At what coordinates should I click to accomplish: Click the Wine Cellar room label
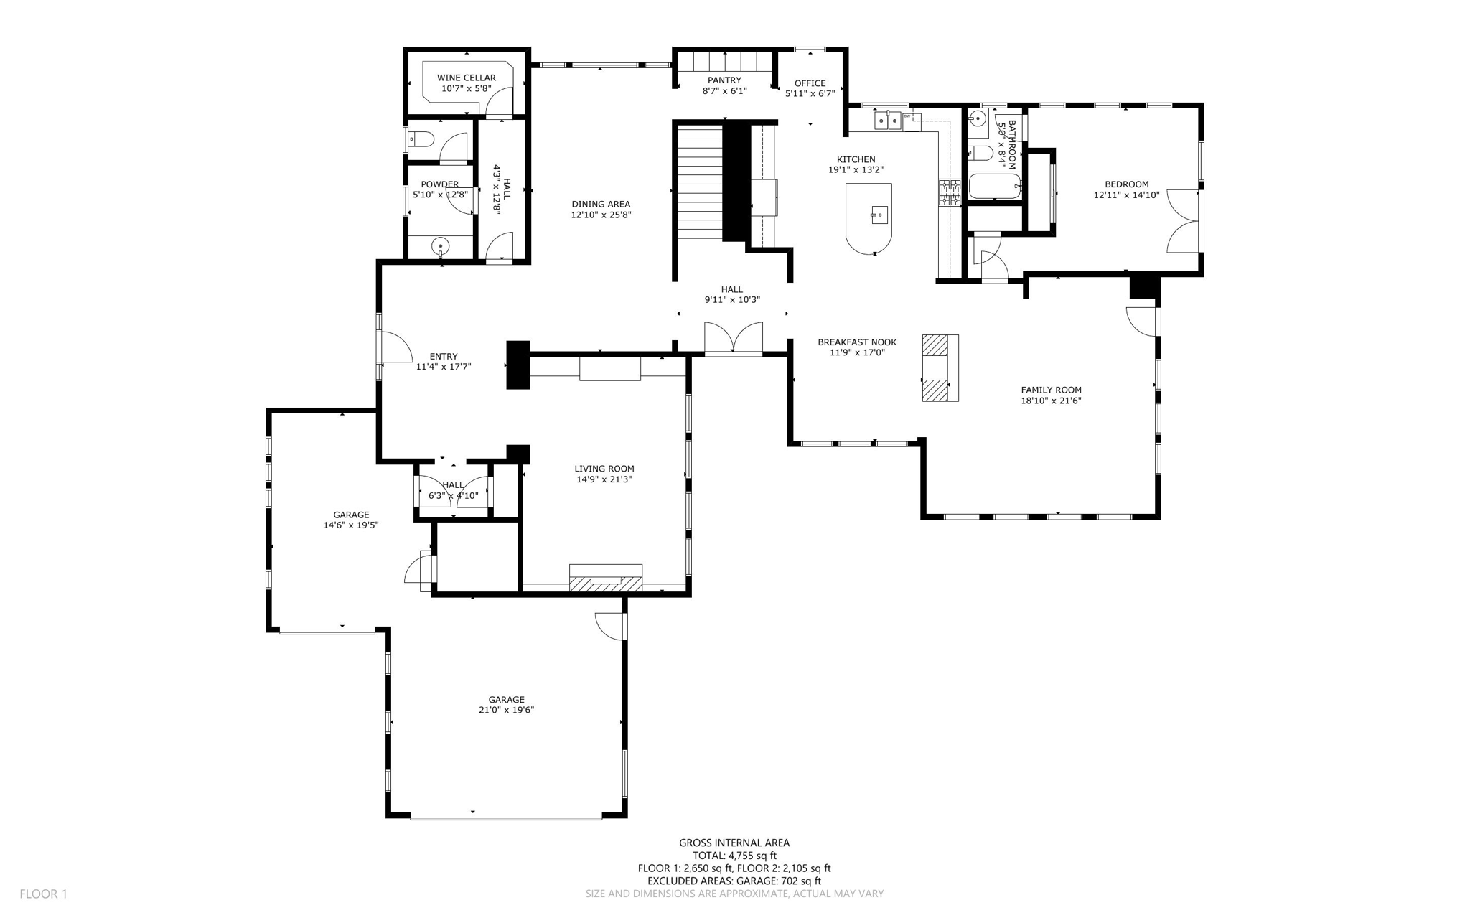coord(466,78)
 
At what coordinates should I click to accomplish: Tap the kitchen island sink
coord(879,215)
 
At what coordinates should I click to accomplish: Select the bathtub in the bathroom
coord(994,187)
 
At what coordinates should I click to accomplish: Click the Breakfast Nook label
coord(857,342)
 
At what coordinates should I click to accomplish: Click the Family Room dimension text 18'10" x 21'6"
coord(1051,401)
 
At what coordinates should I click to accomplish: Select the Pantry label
coord(724,80)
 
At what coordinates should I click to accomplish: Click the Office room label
coord(810,83)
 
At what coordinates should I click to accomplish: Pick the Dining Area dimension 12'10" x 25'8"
coord(601,215)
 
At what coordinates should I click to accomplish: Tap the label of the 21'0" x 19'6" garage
coord(506,700)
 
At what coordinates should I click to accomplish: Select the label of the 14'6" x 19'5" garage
coord(351,515)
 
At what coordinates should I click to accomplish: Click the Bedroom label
coord(1126,184)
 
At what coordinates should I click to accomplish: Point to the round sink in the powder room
coord(441,247)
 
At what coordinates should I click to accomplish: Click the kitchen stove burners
coord(950,193)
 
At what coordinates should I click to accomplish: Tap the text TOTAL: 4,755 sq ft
coord(734,856)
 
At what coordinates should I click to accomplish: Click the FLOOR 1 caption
coord(43,894)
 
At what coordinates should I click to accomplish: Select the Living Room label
coord(604,469)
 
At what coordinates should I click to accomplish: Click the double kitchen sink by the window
coord(887,121)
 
